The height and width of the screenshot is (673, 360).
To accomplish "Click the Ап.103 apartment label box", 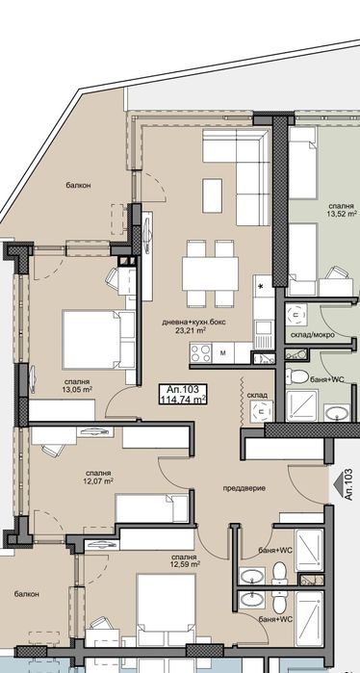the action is [183, 394].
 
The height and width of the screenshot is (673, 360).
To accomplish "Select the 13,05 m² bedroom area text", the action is [78, 389].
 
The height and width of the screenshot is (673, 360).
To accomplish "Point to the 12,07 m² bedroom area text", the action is [98, 480].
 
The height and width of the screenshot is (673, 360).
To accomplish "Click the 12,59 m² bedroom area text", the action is [185, 563].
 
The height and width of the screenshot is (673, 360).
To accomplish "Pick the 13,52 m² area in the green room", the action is [342, 213].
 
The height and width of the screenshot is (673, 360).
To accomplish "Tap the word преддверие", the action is [244, 488].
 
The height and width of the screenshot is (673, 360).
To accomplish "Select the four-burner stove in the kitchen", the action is [201, 353].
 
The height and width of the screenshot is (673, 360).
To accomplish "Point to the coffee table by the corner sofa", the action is [212, 195].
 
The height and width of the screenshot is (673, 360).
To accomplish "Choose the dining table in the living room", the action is [210, 273].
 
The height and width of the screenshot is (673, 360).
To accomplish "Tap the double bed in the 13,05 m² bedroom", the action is [98, 340].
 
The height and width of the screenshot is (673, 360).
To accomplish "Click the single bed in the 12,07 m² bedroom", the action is [152, 508].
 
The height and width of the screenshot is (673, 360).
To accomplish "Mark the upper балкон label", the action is [78, 186].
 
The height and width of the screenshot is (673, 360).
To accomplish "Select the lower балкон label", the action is [26, 594].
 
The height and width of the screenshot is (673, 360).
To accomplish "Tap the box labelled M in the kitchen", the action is [223, 353].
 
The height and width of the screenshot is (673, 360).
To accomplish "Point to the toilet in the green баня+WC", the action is [297, 376].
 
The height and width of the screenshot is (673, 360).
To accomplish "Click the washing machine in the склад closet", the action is [261, 412].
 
